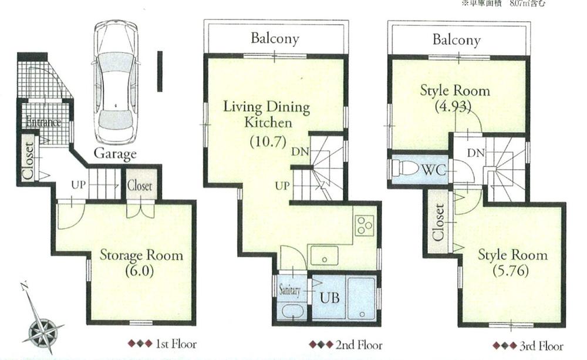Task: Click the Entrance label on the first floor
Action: tap(43, 123)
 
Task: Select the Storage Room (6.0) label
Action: tap(140, 262)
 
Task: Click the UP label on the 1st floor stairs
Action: tap(78, 184)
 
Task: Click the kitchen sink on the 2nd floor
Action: tap(325, 256)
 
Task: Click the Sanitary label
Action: tap(290, 290)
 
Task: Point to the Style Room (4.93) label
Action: tap(454, 99)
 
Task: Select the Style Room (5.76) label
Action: tap(512, 262)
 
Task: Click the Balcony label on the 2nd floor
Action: tap(275, 39)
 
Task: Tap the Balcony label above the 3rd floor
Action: tap(457, 40)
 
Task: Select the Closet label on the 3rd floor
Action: tap(438, 222)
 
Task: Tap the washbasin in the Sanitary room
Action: tap(290, 310)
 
